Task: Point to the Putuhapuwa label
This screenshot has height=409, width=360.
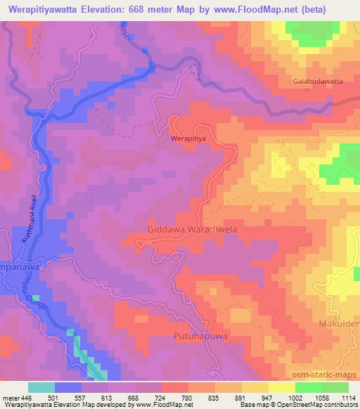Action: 199,337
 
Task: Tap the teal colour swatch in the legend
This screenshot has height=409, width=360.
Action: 41,387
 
